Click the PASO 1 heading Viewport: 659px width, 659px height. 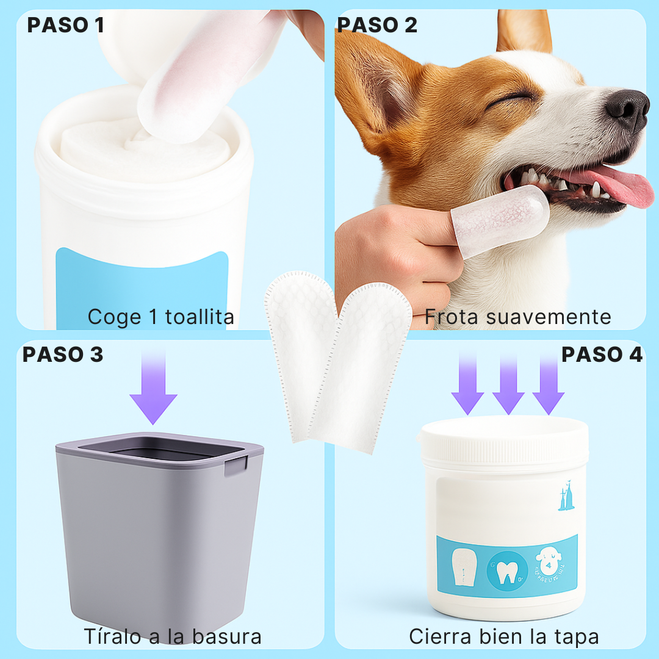pos(65,25)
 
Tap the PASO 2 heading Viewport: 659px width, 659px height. pos(377,25)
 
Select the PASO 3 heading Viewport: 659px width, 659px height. pos(63,355)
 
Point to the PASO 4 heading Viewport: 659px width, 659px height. pos(602,355)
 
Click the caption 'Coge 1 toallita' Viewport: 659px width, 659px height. pos(160,317)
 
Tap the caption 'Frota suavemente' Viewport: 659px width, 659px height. pos(517,317)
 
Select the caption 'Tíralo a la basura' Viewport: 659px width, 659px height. pos(173,636)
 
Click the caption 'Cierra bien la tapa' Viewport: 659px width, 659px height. pos(504,636)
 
